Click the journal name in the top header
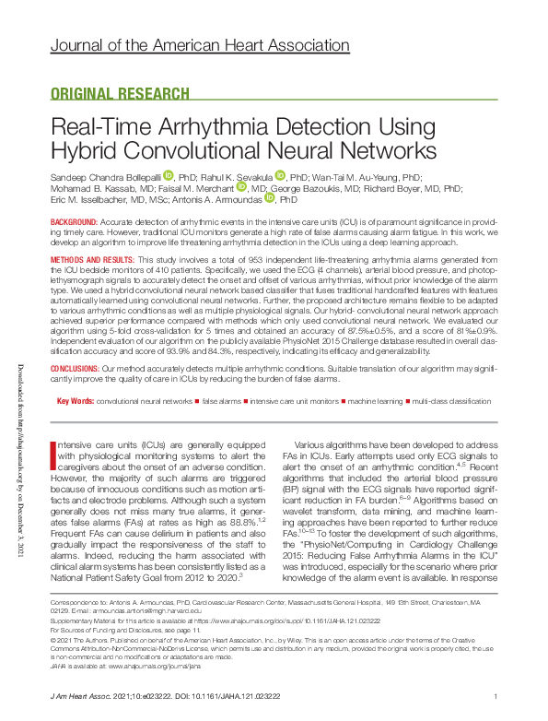click(199, 44)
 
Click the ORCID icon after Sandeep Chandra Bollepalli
click(168, 174)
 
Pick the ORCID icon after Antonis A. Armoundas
click(270, 197)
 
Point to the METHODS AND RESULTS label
click(96, 262)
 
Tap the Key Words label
click(75, 401)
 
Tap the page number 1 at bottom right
click(496, 696)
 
